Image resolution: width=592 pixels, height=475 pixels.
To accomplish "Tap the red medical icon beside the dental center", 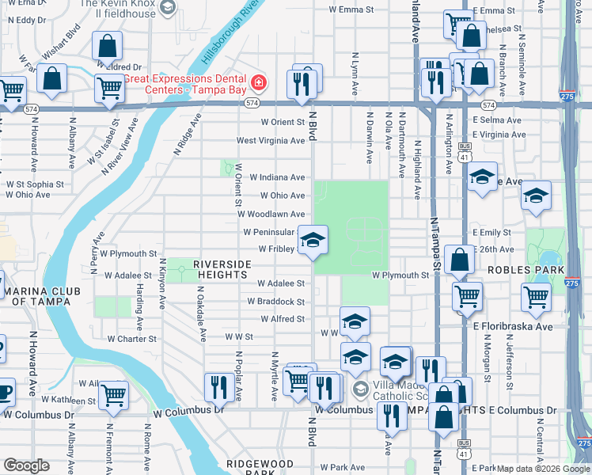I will point(258,82).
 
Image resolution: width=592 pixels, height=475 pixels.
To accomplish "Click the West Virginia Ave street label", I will point(271,141).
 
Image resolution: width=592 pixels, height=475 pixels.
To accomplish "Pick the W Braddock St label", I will point(275,302).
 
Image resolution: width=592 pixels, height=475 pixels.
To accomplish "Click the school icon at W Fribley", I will point(313,241).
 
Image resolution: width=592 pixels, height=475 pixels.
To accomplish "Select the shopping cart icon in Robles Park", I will point(537,297).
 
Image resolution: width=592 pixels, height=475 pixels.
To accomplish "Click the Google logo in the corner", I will point(25,465).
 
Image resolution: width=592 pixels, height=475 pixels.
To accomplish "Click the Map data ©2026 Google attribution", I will point(542,469).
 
